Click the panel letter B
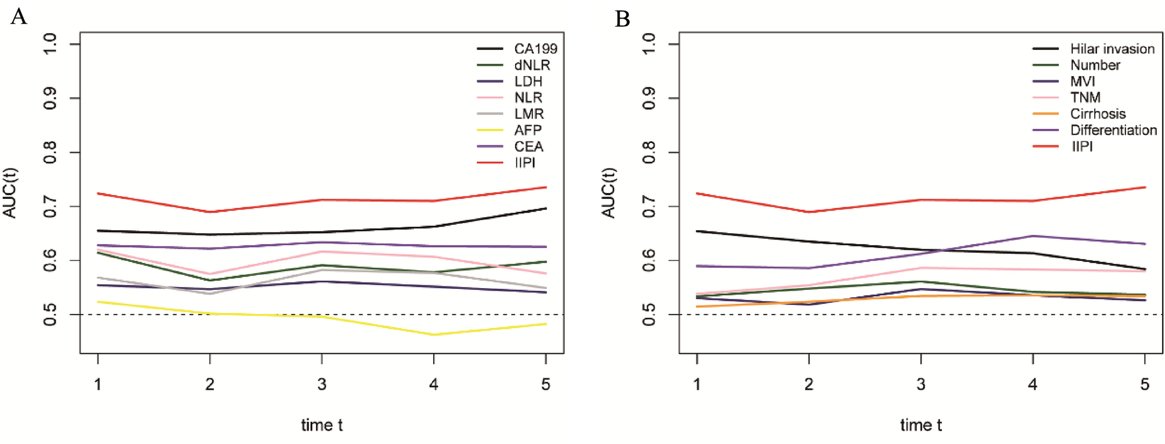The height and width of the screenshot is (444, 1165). [622, 19]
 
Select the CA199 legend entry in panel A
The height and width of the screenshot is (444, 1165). [535, 49]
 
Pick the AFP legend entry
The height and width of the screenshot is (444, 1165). [527, 130]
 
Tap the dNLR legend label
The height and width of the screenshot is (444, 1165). [531, 65]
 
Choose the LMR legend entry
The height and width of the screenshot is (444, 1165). [528, 114]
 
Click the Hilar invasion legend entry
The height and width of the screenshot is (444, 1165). [1112, 49]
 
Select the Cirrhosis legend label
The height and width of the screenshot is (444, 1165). [1098, 114]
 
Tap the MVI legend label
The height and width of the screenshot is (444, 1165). [1083, 81]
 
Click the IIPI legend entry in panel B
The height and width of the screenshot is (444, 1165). [1081, 146]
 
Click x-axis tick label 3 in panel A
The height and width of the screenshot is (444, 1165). [322, 384]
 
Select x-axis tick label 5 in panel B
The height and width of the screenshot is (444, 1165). [1145, 384]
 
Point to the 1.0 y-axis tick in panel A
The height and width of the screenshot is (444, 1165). [51, 44]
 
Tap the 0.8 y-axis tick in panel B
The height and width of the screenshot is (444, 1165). [649, 152]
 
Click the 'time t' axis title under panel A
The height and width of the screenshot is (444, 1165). [322, 425]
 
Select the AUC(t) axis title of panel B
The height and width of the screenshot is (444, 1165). [608, 193]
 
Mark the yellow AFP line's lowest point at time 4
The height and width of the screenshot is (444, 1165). [434, 334]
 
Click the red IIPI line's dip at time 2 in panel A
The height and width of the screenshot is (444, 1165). [210, 212]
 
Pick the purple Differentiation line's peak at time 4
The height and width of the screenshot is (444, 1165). [1033, 236]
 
